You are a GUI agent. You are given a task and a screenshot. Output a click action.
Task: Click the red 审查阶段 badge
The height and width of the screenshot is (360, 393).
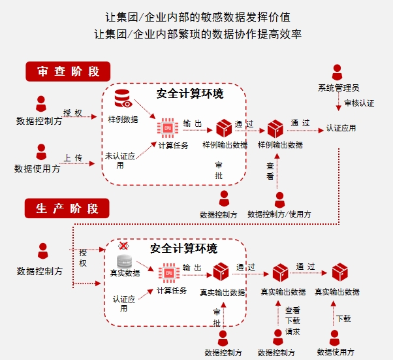click(67, 71)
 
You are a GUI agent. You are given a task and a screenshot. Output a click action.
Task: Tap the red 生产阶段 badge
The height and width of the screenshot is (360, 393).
click(67, 208)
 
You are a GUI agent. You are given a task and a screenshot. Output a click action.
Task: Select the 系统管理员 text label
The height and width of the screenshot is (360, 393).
click(338, 88)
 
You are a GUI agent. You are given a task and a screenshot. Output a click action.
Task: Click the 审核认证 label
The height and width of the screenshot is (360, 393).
click(359, 103)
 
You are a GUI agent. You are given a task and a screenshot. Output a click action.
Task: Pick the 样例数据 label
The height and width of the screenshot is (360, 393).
click(123, 120)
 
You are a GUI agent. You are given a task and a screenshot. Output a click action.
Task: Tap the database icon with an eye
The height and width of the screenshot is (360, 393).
click(123, 99)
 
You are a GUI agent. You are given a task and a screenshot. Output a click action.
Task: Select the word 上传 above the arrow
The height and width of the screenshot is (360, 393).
click(72, 158)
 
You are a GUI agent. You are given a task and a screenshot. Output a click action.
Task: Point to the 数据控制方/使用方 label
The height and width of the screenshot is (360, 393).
click(279, 214)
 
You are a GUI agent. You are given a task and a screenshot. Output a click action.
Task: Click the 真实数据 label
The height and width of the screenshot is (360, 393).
click(123, 273)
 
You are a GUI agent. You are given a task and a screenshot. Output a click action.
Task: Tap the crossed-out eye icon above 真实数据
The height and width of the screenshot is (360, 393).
click(123, 246)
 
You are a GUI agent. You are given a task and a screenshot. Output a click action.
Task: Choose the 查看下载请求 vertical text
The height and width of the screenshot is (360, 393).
click(292, 321)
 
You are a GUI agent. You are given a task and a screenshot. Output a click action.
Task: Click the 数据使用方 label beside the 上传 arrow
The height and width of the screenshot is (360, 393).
click(38, 169)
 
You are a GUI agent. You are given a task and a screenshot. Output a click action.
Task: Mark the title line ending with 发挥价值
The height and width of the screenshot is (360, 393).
click(196, 17)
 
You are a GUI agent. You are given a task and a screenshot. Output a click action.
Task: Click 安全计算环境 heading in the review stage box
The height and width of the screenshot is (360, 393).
click(190, 94)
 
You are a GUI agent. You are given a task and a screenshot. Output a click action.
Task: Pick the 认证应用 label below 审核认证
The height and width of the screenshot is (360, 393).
click(341, 128)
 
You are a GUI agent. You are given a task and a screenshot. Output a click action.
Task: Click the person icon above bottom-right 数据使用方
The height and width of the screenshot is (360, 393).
click(335, 338)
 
